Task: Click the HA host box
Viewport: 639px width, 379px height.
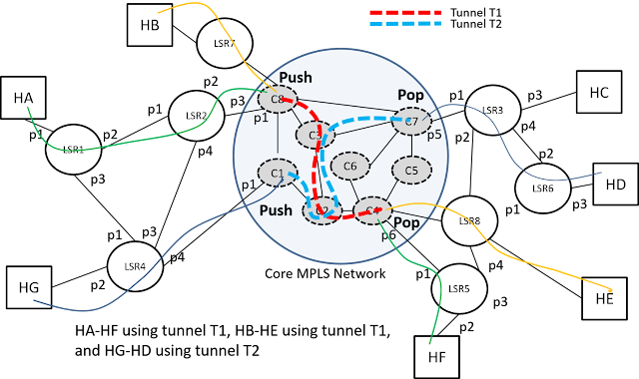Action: coord(23,97)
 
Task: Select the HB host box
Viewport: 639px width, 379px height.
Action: coord(150,25)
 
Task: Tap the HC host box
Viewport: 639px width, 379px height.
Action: coord(599,92)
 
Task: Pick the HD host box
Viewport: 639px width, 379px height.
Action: coord(615,185)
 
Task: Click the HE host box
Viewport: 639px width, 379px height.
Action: coord(603,297)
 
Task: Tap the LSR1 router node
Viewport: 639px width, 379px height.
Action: coord(74,150)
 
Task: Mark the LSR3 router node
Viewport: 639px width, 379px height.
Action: coord(492,111)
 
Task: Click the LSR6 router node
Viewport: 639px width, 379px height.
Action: coord(542,188)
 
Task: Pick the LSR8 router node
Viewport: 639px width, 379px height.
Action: coord(468,220)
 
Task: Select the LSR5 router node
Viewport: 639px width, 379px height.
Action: coord(458,288)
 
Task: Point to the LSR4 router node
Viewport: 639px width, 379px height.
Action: coord(134,267)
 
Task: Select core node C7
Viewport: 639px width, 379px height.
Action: coord(409,122)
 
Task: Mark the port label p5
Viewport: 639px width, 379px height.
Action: coord(433,135)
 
